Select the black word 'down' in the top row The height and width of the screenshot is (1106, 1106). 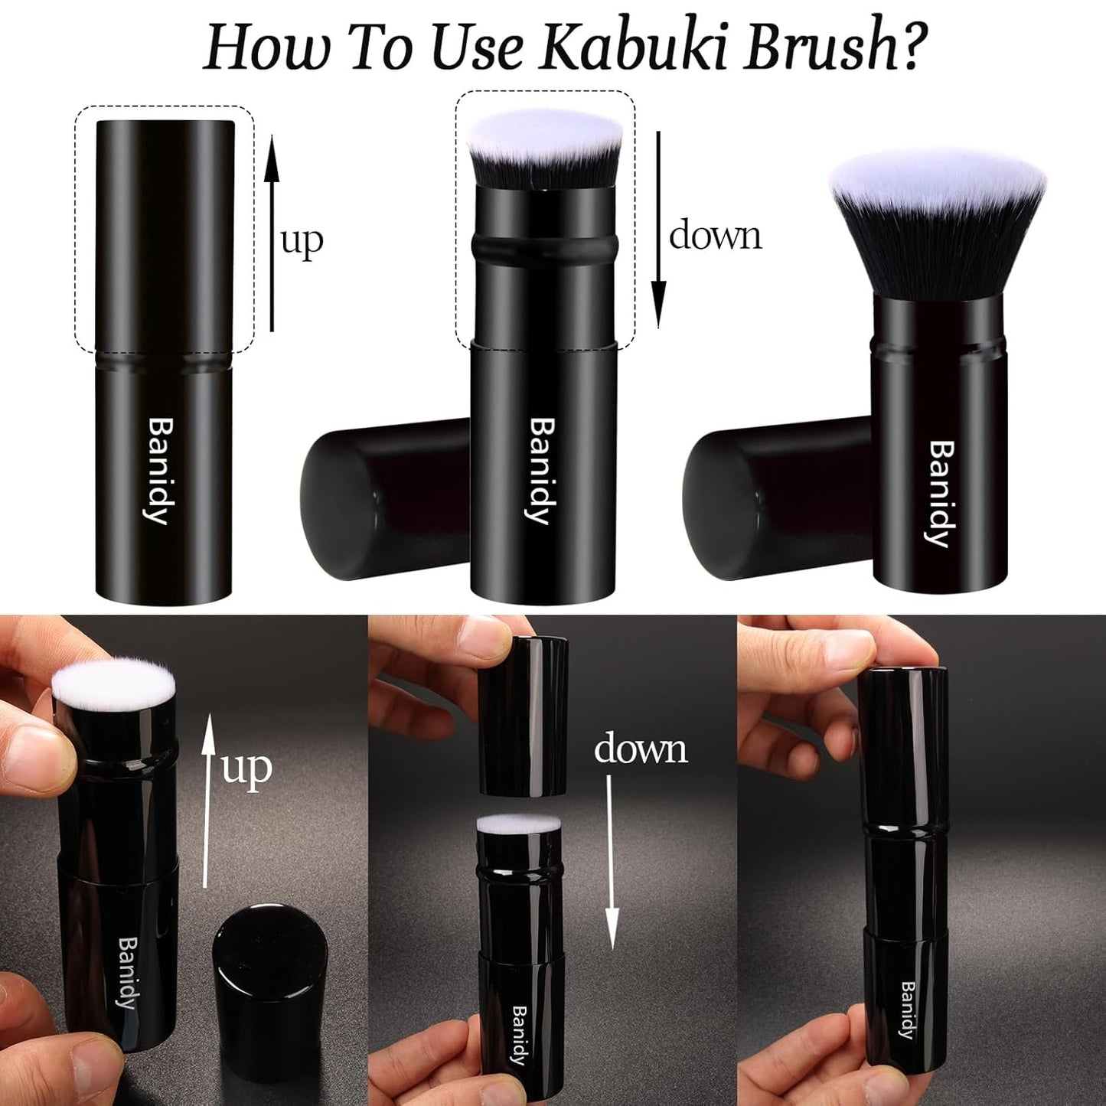point(715,235)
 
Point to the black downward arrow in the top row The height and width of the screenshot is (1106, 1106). point(657,230)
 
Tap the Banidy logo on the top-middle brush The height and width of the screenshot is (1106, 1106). point(540,471)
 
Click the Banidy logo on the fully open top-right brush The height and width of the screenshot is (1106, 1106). point(941,494)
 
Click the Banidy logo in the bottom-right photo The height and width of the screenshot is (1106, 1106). point(908,1010)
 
